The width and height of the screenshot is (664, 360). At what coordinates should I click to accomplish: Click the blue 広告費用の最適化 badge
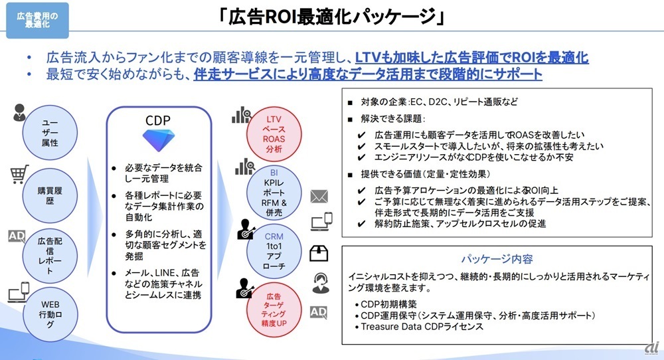pos(37,21)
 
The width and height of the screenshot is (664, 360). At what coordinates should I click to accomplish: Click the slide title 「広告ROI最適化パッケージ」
pos(332,17)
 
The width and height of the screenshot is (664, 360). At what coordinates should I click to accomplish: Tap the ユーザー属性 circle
pos(50,133)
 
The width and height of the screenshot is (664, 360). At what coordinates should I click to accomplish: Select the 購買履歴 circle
pos(50,195)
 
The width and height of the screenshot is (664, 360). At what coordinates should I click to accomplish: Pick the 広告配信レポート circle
pos(50,256)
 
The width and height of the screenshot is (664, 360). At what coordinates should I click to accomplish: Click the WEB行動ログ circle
pos(50,314)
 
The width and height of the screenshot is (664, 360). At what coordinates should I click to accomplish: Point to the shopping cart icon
pos(19,174)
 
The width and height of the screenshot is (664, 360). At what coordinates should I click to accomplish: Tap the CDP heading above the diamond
pos(158,120)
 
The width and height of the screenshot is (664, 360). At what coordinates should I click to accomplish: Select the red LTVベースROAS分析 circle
pos(274,134)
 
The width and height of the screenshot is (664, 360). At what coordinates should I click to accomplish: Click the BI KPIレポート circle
pos(274,193)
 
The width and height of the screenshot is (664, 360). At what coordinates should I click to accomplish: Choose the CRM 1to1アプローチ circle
pos(274,252)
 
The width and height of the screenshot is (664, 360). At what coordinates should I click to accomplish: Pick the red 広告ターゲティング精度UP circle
pos(274,310)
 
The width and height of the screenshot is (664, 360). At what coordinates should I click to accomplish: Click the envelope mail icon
pos(319,197)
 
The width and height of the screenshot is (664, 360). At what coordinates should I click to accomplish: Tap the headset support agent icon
pos(321,283)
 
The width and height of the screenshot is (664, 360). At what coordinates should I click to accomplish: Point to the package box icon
pos(319,253)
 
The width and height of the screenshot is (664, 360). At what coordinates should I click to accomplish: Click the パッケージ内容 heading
pos(497,259)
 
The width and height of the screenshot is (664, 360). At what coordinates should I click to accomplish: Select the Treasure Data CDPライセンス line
pos(422,327)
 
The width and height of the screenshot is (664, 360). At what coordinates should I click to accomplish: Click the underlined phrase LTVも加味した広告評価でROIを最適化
pos(471,57)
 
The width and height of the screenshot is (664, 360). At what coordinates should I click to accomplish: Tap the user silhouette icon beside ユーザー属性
pos(19,113)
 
